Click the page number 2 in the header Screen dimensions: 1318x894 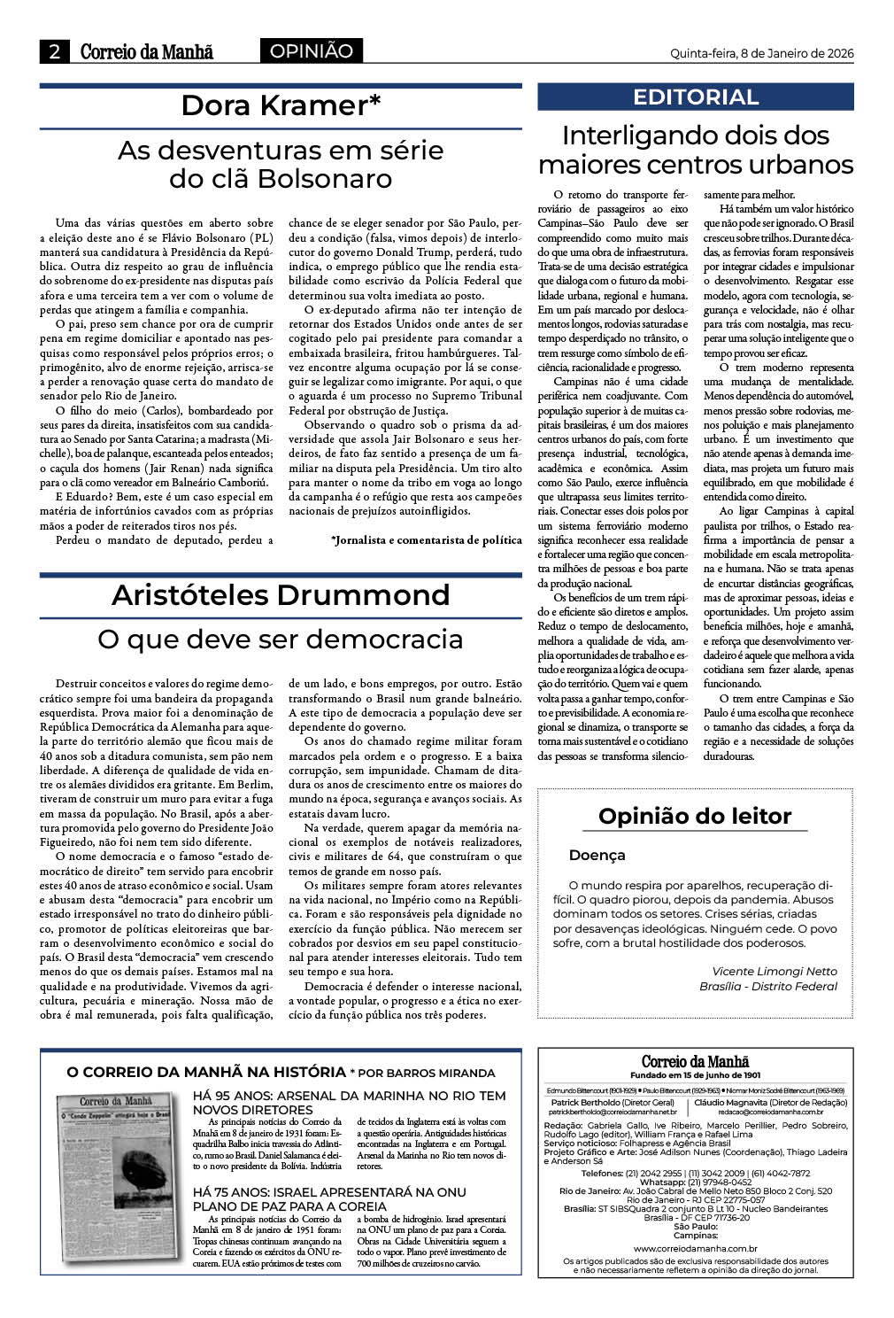pyautogui.click(x=55, y=52)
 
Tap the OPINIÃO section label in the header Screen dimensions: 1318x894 pyautogui.click(x=311, y=51)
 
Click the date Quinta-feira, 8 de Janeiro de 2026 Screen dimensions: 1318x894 pyautogui.click(x=762, y=53)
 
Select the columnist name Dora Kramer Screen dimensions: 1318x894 pyautogui.click(x=281, y=105)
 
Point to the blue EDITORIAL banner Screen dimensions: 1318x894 pyautogui.click(x=696, y=97)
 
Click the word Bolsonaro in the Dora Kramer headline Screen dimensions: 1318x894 pyautogui.click(x=326, y=179)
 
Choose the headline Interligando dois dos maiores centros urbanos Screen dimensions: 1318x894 pyautogui.click(x=696, y=150)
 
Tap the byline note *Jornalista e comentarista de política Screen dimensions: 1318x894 pyautogui.click(x=426, y=539)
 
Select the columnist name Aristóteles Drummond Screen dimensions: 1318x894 pyautogui.click(x=281, y=594)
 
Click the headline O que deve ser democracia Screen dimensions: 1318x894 pyautogui.click(x=281, y=639)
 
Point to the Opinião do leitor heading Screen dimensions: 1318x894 pyautogui.click(x=695, y=816)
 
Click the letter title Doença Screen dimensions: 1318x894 pyautogui.click(x=597, y=856)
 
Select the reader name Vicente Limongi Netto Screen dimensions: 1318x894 pyautogui.click(x=774, y=971)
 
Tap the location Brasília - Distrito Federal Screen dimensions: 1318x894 pyautogui.click(x=767, y=986)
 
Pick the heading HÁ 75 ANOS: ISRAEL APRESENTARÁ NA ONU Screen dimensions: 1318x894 pyautogui.click(x=329, y=1192)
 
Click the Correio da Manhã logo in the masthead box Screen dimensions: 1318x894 pyautogui.click(x=695, y=1061)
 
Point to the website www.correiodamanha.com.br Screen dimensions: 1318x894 pyautogui.click(x=695, y=1248)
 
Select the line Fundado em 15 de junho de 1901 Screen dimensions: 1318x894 pyautogui.click(x=695, y=1074)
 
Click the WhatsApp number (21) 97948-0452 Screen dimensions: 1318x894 pyautogui.click(x=719, y=1182)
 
